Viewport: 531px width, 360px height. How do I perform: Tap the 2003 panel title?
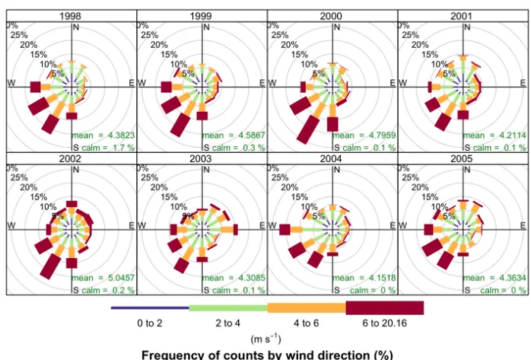tap(201, 158)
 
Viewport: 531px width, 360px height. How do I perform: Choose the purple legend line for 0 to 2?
tap(150, 307)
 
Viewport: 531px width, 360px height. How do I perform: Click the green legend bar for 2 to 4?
tap(227, 307)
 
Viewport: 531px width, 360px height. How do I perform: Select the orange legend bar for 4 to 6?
tap(306, 307)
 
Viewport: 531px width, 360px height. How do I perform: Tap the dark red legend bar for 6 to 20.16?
tap(384, 307)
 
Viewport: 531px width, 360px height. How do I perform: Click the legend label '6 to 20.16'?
tap(384, 323)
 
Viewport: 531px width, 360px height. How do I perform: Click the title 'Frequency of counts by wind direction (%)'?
tap(266, 354)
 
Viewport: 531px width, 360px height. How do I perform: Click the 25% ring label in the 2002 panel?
tap(20, 177)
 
